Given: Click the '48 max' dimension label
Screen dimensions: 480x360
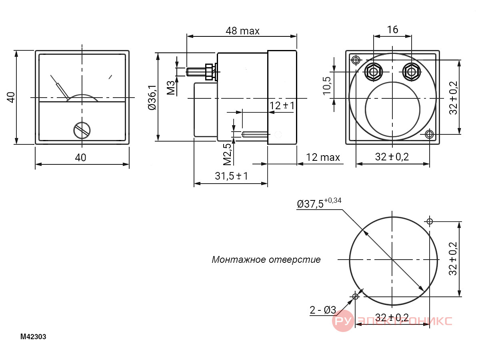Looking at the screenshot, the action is coord(242,31).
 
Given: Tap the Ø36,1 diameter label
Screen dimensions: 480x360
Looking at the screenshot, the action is coord(152,98).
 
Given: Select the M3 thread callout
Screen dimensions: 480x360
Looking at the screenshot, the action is coord(171,88).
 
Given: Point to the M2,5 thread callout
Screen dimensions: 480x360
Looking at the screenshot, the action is coord(227,154).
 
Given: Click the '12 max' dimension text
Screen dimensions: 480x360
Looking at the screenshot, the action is coord(323,157).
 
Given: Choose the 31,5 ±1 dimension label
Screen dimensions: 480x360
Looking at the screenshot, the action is coord(231,176).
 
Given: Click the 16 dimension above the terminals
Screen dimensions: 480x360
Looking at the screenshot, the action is coord(392,30).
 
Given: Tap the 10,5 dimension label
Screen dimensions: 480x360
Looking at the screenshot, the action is coord(327,86).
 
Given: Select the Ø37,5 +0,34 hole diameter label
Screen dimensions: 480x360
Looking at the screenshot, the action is coord(319,203).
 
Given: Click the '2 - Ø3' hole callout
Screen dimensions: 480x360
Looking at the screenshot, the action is coord(323,310).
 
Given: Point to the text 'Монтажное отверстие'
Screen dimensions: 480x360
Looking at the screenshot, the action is coord(266,260).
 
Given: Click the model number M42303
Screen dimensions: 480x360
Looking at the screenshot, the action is coord(33,337).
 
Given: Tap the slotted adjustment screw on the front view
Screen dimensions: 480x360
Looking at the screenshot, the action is coord(82,130).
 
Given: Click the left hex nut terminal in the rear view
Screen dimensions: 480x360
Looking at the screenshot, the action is coord(374,72).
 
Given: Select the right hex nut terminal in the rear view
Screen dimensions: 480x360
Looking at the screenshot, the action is coord(412,72).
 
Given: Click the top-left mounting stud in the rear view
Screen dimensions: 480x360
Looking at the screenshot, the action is coord(356,60).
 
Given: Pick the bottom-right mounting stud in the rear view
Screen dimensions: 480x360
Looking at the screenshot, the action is coord(430,134).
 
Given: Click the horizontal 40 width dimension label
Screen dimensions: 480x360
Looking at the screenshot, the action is coord(80,158).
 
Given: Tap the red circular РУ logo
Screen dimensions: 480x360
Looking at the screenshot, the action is coord(343,321).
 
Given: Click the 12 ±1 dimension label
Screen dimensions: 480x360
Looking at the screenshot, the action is coord(282,106).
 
